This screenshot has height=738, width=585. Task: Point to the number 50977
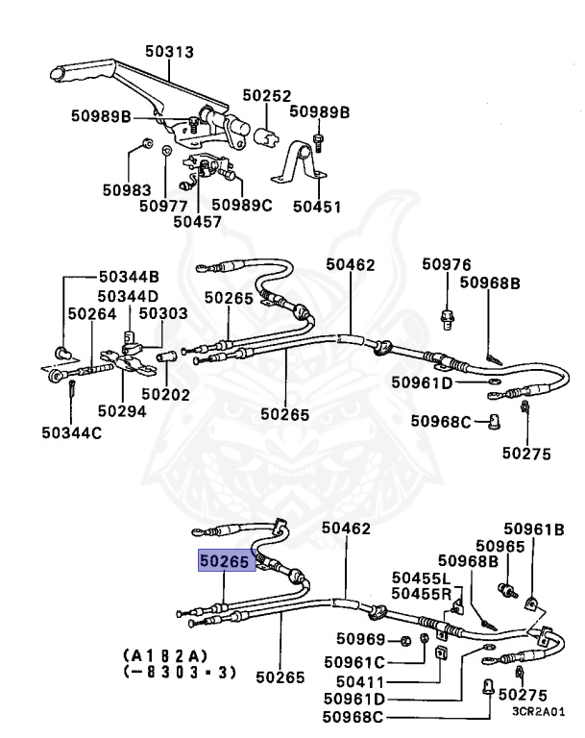pos(162,204)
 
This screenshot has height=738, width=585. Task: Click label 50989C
pos(242,204)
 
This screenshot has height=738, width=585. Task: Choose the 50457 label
pos(197,221)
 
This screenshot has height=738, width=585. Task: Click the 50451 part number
pos(316,206)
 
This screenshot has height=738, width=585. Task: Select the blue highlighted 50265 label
pos(224,558)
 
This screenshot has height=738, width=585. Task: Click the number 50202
pos(165,393)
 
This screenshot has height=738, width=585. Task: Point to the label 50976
pos(448,264)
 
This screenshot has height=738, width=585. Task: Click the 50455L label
pos(421,578)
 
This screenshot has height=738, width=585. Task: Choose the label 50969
pos(361,640)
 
